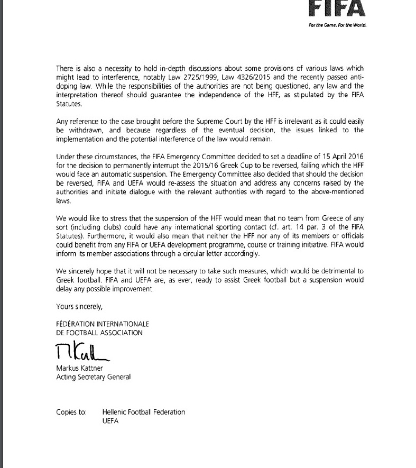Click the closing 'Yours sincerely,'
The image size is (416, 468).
click(75, 306)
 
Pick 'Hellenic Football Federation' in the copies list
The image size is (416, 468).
click(144, 412)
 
